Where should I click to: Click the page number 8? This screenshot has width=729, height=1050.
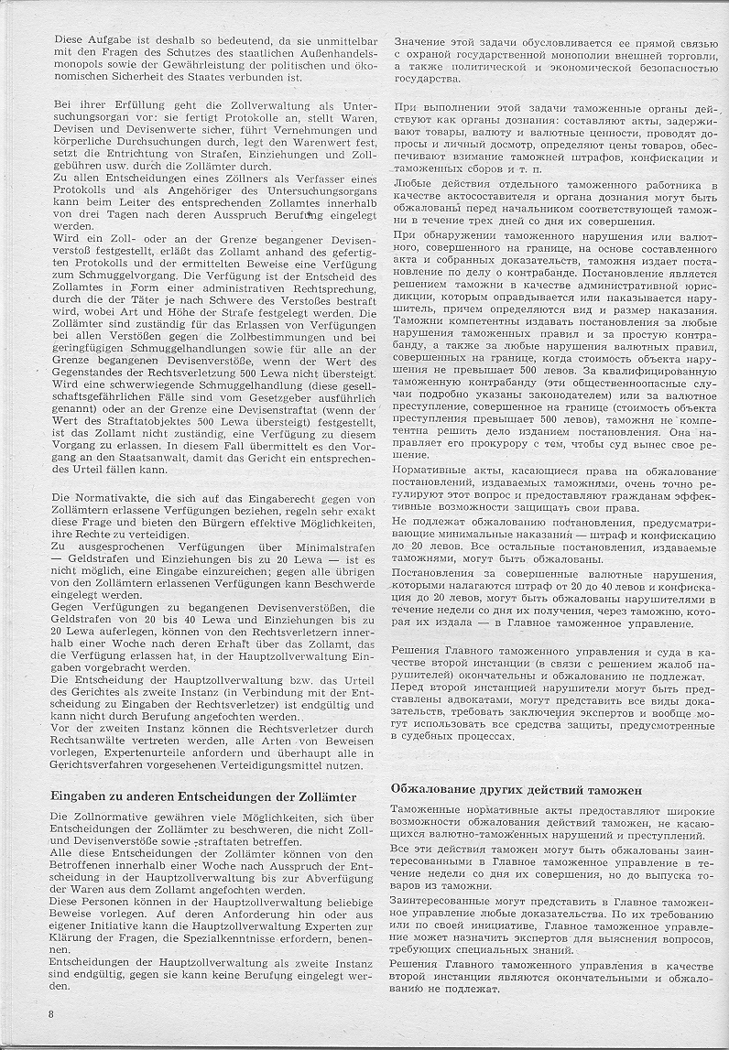pyautogui.click(x=51, y=1015)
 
